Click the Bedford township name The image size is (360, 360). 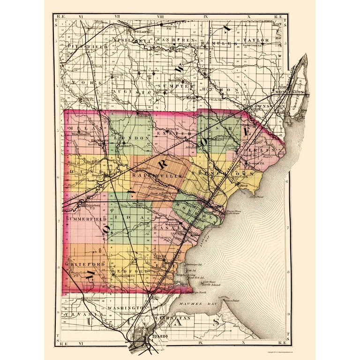click(125, 271)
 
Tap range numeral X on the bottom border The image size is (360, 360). click(249, 344)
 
